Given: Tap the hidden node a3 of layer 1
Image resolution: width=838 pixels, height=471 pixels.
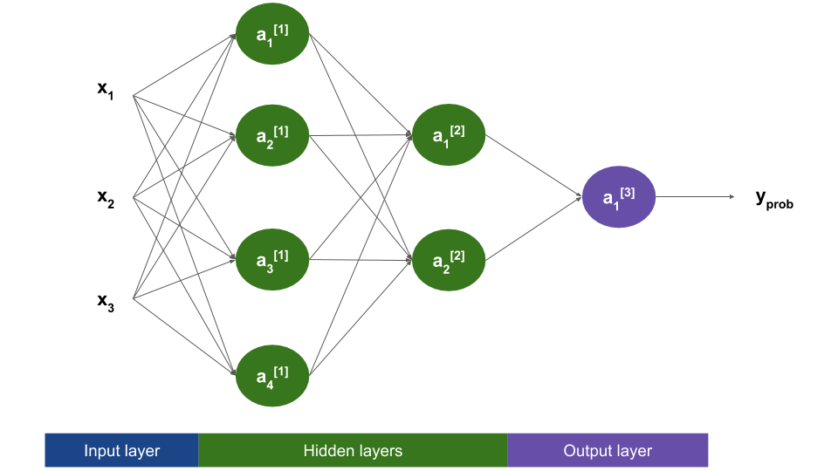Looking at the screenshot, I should (x=272, y=259).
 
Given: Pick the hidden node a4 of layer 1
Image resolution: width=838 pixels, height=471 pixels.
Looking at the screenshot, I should (x=272, y=377).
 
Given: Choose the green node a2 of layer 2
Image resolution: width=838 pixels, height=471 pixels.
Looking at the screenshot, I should (x=449, y=259).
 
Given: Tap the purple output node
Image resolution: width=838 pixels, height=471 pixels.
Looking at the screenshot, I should (x=619, y=197).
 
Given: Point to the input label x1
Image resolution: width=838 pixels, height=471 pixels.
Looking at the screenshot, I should (x=106, y=90).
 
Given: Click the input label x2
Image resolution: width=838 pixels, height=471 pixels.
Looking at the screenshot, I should (x=106, y=198).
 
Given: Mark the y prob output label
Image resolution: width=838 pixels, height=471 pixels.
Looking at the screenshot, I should (x=773, y=199).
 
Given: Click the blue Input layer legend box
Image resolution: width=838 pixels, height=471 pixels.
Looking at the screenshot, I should (x=122, y=451).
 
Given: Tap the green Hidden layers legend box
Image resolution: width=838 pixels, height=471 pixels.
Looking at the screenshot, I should (x=353, y=451).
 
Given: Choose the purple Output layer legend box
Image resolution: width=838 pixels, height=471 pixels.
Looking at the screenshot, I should (x=608, y=451).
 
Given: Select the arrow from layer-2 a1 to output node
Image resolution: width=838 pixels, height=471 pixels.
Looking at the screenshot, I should (x=532, y=167).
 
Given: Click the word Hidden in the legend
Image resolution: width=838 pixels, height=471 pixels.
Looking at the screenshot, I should (x=327, y=451).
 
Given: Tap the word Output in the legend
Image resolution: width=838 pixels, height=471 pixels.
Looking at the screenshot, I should (x=587, y=451).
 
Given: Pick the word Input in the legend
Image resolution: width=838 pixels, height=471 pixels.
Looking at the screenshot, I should (x=101, y=451).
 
